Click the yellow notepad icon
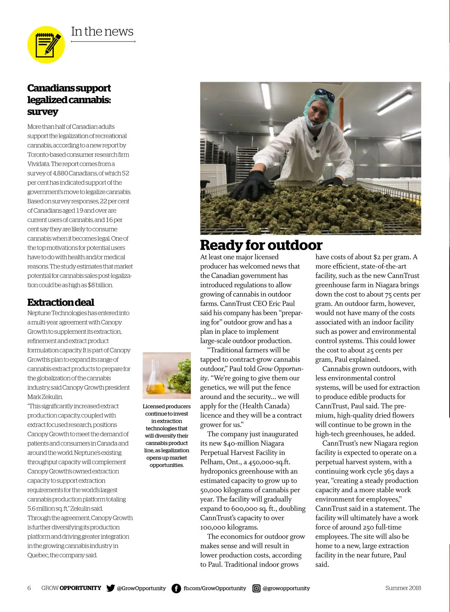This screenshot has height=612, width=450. (46, 45)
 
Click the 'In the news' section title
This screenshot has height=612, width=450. (102, 31)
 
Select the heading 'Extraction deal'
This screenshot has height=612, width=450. (60, 302)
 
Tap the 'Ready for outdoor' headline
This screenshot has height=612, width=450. (261, 245)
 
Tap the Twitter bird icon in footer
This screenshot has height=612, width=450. (111, 588)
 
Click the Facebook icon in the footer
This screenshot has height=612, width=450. (176, 588)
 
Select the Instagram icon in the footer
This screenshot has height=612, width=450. (256, 588)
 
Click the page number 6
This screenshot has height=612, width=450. (29, 588)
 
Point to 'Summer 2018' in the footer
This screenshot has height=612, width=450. (403, 588)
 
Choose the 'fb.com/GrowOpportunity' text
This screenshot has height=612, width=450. (214, 588)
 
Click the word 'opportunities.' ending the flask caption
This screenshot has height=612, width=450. (166, 465)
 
